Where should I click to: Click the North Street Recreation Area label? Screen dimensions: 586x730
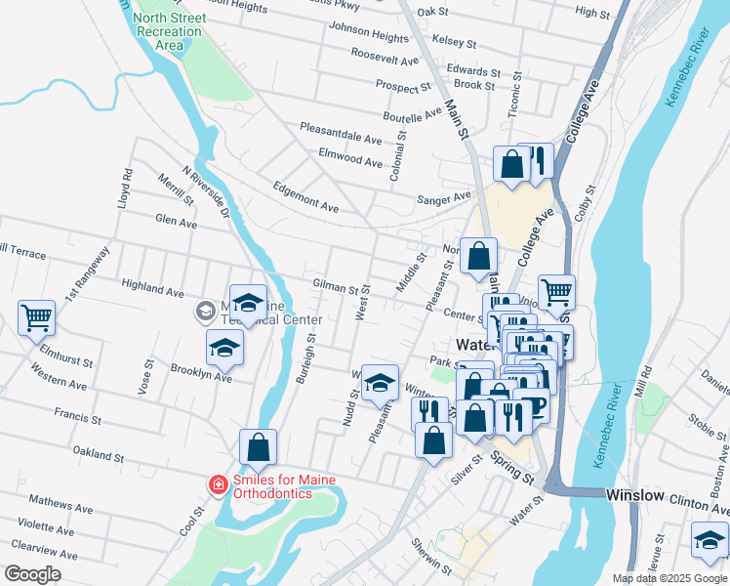point(169,31)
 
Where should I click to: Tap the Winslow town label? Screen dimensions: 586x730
point(634,495)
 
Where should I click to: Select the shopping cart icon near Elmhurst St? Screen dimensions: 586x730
point(36,316)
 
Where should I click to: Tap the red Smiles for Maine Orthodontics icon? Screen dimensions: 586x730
point(218,483)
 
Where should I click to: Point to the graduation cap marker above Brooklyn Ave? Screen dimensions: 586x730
point(225,348)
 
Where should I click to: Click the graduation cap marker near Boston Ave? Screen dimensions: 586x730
point(710,540)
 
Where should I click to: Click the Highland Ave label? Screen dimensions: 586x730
point(152,291)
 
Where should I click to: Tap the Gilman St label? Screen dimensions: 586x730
point(336,287)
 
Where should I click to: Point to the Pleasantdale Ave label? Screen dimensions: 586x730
point(341,134)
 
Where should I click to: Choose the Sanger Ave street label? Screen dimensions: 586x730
point(444,199)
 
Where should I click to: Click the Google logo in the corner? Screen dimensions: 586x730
point(32,574)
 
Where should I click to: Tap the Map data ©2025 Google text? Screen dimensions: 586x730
point(669,578)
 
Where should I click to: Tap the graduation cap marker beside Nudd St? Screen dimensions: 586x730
point(380,383)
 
